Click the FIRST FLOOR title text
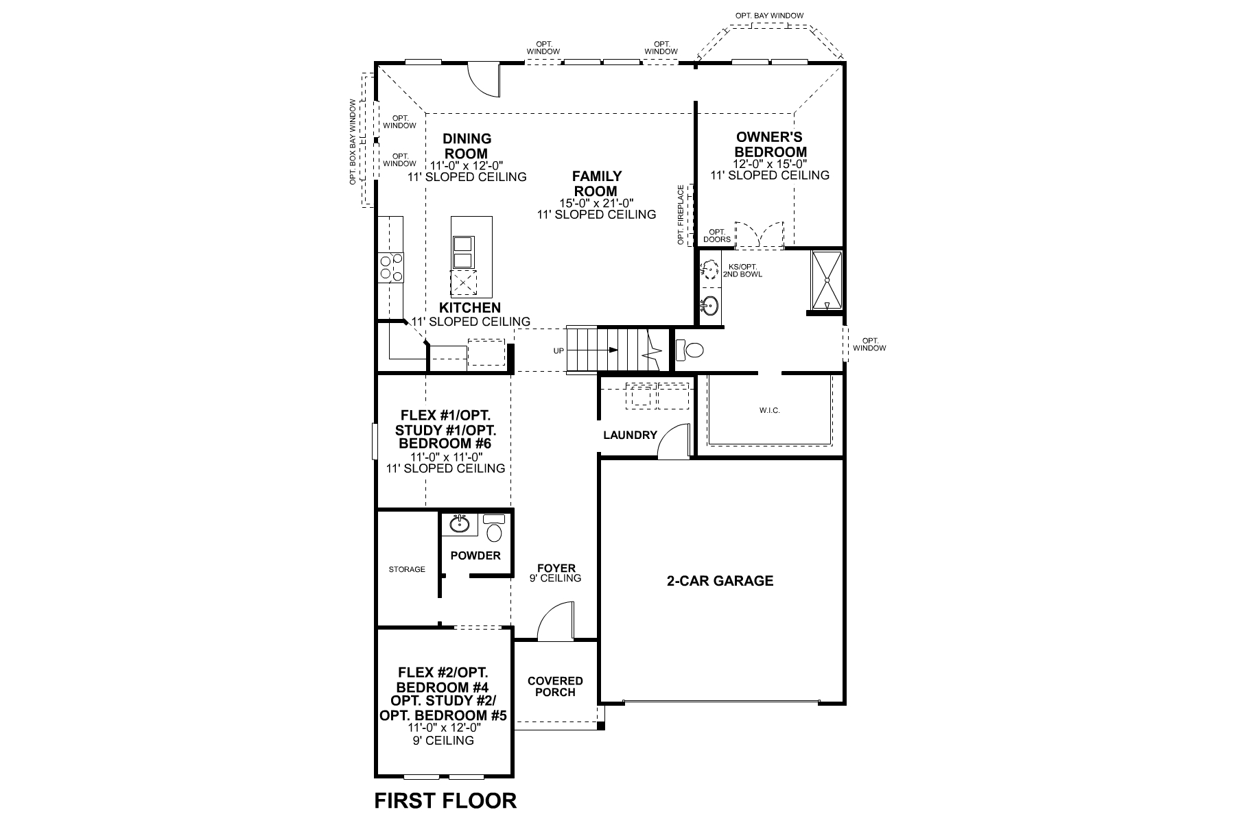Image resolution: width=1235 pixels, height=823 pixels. pyautogui.click(x=445, y=800)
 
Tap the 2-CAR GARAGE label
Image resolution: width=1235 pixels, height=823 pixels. pyautogui.click(x=720, y=581)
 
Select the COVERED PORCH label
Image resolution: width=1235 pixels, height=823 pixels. pyautogui.click(x=555, y=687)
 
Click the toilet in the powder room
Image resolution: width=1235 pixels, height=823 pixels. pyautogui.click(x=493, y=529)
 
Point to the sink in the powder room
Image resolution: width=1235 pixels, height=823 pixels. pyautogui.click(x=460, y=525)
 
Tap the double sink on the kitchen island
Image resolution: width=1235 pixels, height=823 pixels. pyautogui.click(x=463, y=251)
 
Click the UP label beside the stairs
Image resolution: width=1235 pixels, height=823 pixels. pyautogui.click(x=558, y=351)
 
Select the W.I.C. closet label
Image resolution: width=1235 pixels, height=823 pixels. pyautogui.click(x=770, y=410)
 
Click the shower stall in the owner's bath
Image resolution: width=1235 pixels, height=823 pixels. pyautogui.click(x=826, y=282)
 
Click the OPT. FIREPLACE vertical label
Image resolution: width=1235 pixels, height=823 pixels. pyautogui.click(x=681, y=215)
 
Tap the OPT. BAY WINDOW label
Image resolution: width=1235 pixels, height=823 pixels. pyautogui.click(x=769, y=15)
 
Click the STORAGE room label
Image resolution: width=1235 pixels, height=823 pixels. pyautogui.click(x=407, y=569)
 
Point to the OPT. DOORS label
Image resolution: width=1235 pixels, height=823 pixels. pyautogui.click(x=717, y=235)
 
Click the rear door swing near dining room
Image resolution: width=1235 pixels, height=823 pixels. pyautogui.click(x=484, y=79)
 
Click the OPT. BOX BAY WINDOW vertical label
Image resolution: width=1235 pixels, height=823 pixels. pyautogui.click(x=353, y=142)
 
